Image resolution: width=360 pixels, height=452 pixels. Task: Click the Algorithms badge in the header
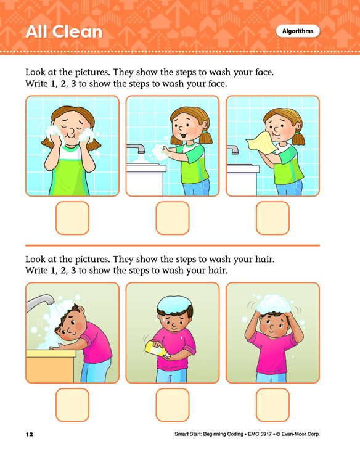(298, 31)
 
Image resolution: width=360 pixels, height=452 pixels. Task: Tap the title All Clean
(64, 31)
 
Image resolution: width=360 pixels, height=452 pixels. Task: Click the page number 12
(30, 434)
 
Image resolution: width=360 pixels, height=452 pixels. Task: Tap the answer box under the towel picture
(272, 218)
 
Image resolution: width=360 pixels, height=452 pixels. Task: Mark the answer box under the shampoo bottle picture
(173, 405)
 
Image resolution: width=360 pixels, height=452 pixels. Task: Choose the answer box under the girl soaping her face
(72, 218)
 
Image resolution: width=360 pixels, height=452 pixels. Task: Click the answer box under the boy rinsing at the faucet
(72, 405)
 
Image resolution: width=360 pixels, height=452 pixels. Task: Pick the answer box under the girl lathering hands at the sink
(173, 218)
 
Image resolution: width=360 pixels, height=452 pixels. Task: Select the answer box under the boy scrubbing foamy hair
(272, 405)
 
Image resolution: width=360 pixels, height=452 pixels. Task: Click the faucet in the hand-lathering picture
(136, 148)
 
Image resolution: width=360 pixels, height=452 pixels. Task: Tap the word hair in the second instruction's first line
(263, 260)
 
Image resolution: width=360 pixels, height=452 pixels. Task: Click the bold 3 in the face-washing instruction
(73, 84)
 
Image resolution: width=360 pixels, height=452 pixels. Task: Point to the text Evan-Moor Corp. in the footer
(300, 434)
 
